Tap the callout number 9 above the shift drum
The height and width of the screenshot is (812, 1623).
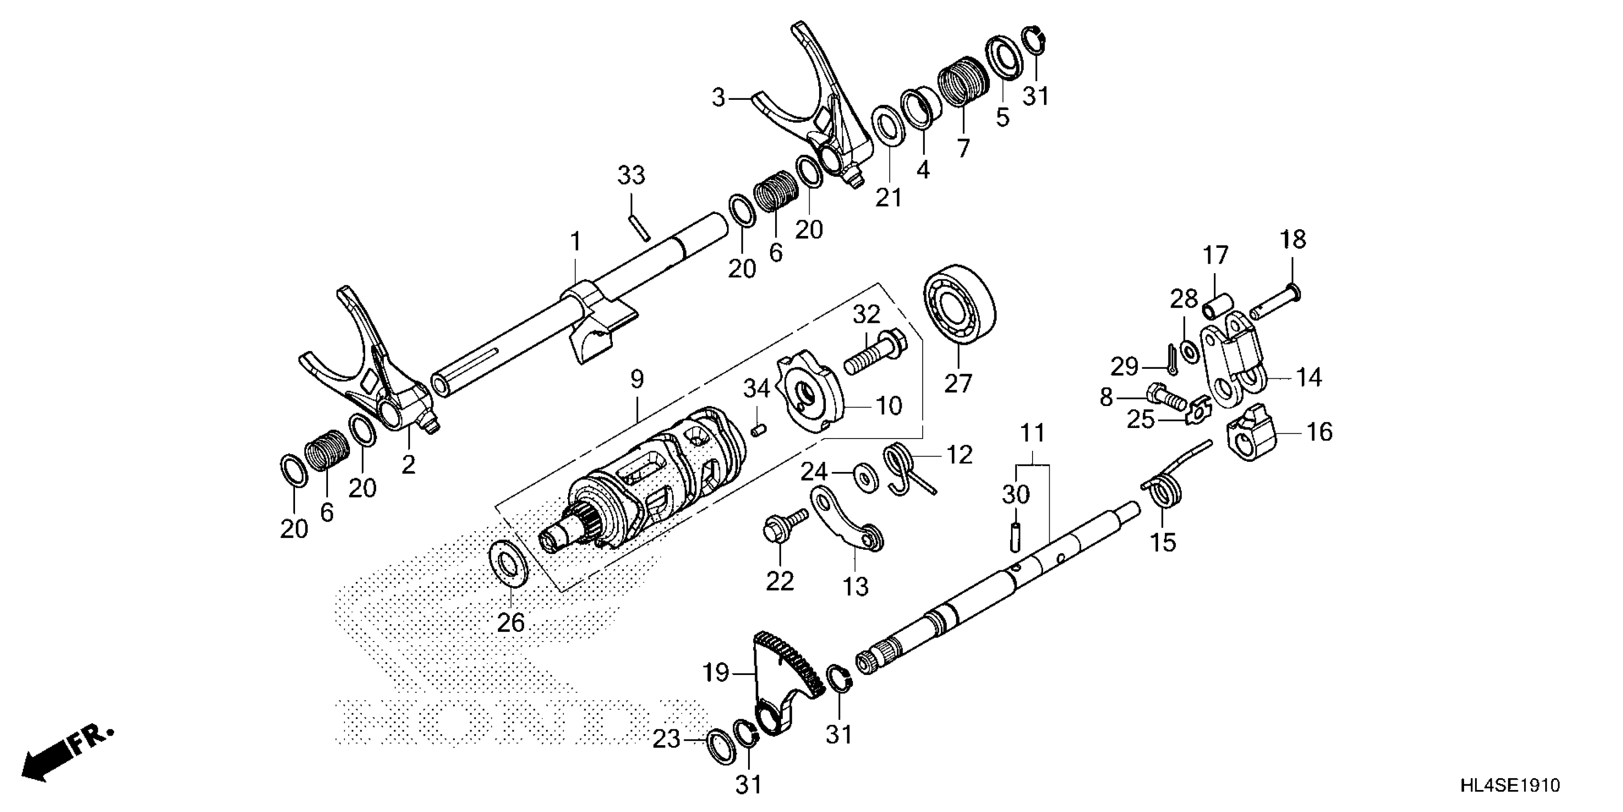tap(637, 380)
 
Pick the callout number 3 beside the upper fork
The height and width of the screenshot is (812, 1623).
tap(719, 98)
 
